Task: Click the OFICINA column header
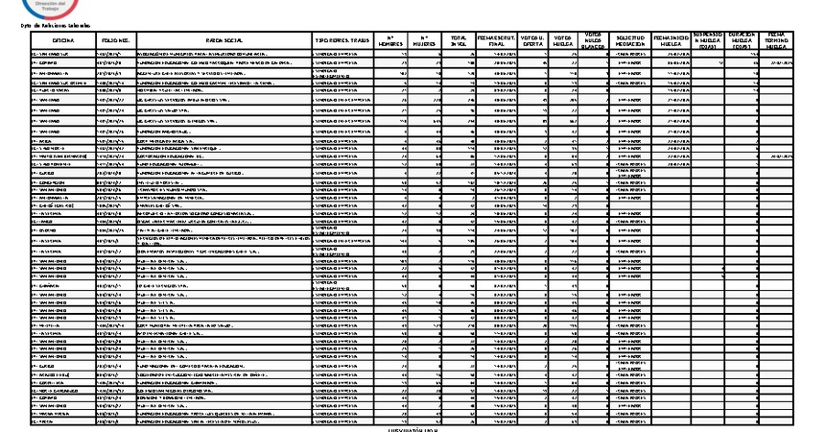(63, 41)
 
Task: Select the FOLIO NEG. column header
(116, 41)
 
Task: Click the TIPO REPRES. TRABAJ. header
(342, 41)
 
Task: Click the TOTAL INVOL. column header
(459, 40)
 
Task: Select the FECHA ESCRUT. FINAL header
(496, 40)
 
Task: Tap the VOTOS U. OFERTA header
(532, 40)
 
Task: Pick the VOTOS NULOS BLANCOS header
(593, 41)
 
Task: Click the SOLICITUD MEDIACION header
(629, 40)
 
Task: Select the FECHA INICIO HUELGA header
(671, 40)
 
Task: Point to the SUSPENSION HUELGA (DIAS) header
(707, 40)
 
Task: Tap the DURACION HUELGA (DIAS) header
(742, 40)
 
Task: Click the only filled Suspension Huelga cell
(719, 62)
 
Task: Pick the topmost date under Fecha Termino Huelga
(779, 62)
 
